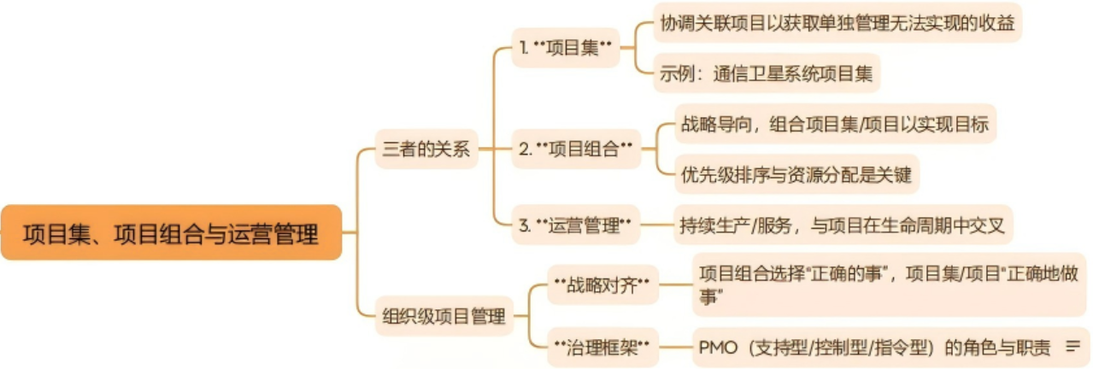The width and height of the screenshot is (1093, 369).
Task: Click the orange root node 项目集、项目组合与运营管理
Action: [x=171, y=232]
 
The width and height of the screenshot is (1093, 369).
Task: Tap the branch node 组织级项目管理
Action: [x=442, y=317]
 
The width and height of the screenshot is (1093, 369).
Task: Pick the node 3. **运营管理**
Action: [x=574, y=226]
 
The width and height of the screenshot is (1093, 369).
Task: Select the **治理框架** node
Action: [x=603, y=347]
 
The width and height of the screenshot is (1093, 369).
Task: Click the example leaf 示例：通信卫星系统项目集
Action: [x=766, y=73]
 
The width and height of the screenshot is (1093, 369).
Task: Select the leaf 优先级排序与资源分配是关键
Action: [x=795, y=175]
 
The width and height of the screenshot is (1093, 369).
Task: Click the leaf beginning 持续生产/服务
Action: [x=842, y=226]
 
